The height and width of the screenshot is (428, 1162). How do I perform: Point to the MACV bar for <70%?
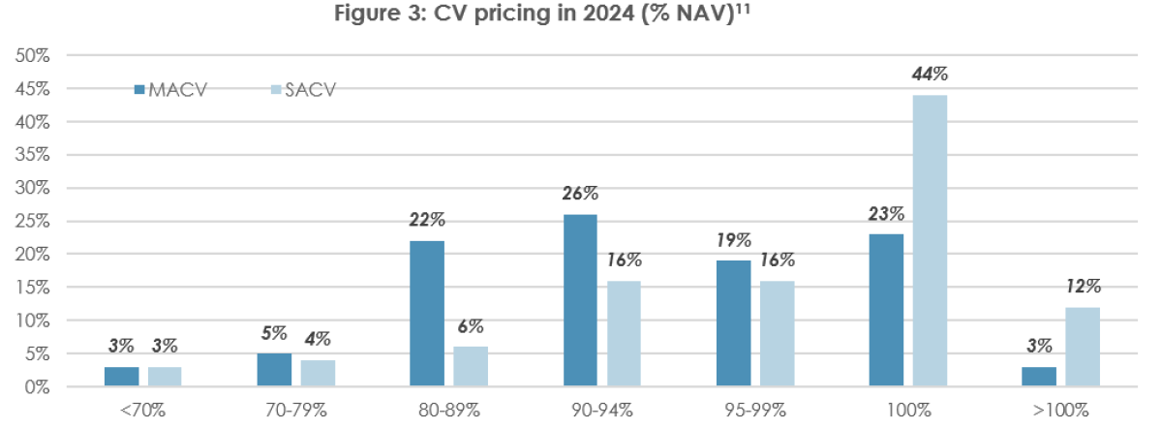[121, 377]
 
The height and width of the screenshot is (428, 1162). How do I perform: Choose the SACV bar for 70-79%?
[318, 373]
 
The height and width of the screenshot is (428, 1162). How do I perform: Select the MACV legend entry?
[171, 89]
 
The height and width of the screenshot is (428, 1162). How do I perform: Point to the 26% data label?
[579, 194]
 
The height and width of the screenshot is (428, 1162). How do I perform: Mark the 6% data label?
[471, 326]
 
